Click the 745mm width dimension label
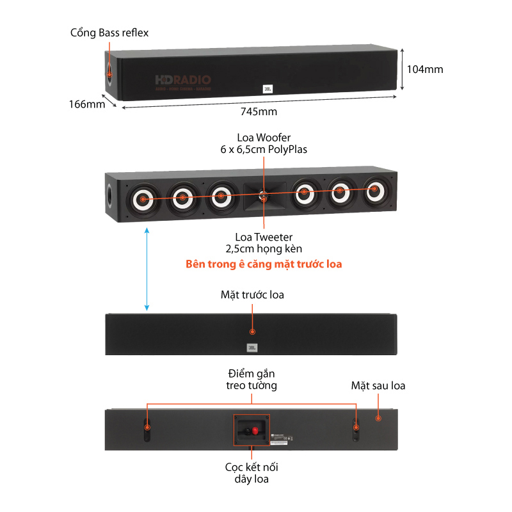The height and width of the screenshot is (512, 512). [259, 111]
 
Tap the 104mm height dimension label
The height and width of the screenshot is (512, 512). [425, 69]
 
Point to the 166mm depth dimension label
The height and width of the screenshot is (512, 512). [87, 104]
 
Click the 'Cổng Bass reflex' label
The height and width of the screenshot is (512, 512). [109, 32]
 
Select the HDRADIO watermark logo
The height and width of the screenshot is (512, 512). [183, 81]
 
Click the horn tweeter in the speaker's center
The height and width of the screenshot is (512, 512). [264, 196]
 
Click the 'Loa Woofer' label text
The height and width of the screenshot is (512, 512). [264, 138]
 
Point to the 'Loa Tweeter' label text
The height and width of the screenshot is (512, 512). [264, 237]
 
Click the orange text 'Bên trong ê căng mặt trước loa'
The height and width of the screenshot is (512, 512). [264, 264]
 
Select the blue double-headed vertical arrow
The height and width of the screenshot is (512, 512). [147, 269]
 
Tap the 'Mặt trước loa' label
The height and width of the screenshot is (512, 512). [252, 295]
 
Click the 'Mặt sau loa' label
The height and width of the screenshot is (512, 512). [378, 385]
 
